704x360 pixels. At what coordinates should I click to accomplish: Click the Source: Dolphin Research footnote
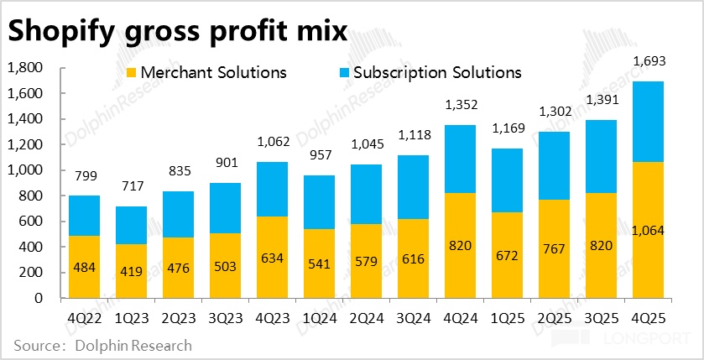[x=102, y=345]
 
